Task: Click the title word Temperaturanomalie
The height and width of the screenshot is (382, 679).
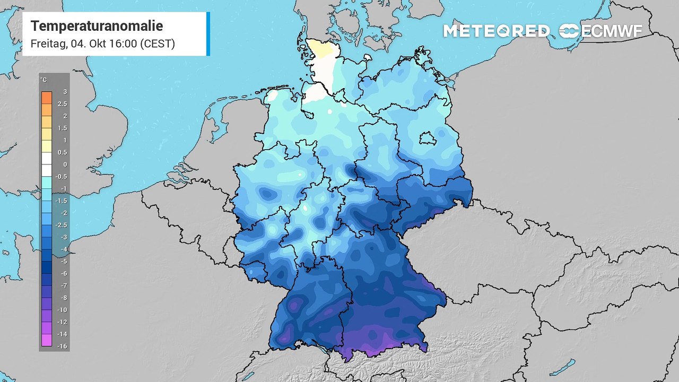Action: click(97, 26)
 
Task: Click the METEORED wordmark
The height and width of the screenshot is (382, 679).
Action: click(496, 31)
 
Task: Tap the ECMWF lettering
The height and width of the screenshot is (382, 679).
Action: click(612, 31)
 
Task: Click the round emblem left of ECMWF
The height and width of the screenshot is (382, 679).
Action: click(569, 31)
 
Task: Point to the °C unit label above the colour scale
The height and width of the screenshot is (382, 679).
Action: click(43, 80)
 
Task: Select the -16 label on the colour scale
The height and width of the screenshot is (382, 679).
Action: click(62, 346)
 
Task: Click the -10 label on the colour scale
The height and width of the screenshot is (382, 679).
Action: click(62, 310)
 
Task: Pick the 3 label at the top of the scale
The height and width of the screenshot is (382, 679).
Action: click(65, 92)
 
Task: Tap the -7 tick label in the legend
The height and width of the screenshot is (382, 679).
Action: click(63, 285)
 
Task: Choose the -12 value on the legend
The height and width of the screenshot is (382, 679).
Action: click(62, 322)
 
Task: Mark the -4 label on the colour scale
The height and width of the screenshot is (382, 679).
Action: click(63, 249)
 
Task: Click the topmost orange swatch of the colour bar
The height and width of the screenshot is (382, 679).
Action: click(47, 98)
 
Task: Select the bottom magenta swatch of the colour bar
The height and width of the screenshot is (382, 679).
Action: click(47, 340)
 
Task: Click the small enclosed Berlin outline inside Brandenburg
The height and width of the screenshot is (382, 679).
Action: click(426, 139)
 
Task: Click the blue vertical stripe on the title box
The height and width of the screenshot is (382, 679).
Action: click(208, 33)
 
